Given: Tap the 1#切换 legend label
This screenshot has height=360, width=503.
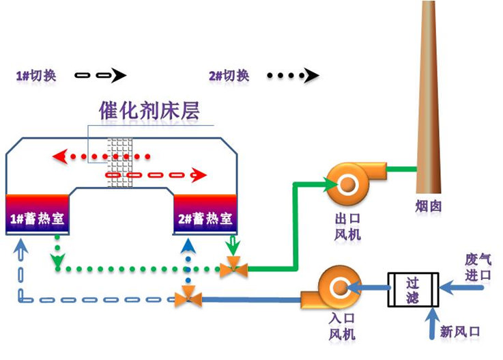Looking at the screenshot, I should pyautogui.click(x=35, y=75).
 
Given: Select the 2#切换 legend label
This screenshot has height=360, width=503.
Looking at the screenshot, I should pyautogui.click(x=229, y=75).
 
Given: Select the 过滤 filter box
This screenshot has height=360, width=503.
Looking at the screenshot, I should pyautogui.click(x=412, y=290).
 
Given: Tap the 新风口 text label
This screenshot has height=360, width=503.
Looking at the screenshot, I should pyautogui.click(x=460, y=332).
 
